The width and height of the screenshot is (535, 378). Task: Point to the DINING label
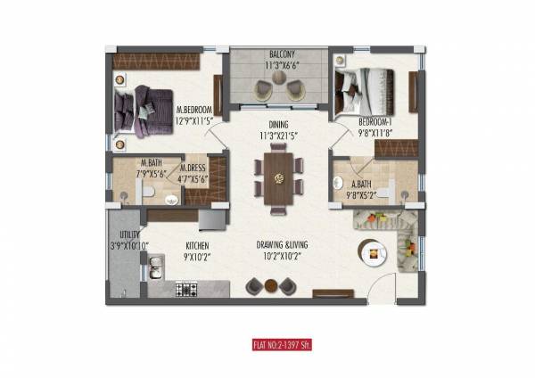276,126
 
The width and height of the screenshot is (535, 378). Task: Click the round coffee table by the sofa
367,251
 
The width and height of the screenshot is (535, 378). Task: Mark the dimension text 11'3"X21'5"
277,136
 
